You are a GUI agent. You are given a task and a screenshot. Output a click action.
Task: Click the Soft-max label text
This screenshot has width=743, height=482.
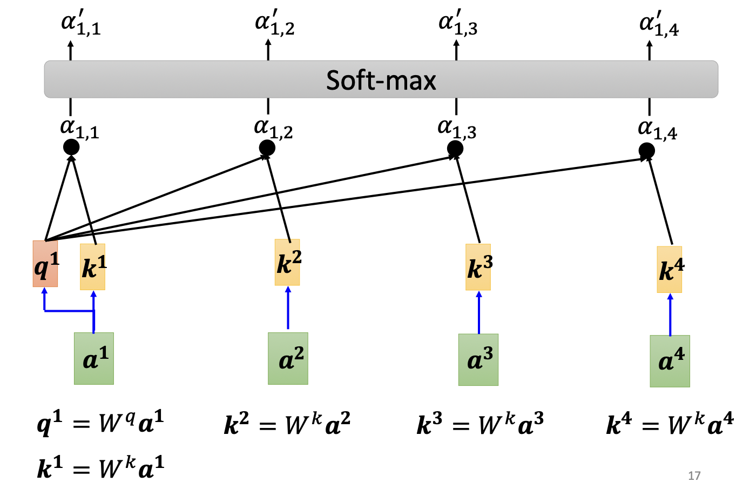(381, 80)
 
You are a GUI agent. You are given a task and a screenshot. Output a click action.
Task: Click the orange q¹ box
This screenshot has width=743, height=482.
(45, 264)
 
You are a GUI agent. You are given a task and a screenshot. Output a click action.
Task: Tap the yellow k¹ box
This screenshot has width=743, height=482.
(93, 266)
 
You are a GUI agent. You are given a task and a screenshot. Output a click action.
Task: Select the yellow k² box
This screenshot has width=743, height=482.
(287, 262)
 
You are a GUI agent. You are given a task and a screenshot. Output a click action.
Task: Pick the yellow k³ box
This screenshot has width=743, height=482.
(478, 267)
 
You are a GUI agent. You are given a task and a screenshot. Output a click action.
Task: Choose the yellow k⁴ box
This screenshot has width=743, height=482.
(670, 269)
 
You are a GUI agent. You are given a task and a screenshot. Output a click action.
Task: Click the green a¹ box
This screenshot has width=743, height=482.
(94, 358)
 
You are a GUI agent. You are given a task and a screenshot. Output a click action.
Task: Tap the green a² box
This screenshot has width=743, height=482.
(288, 358)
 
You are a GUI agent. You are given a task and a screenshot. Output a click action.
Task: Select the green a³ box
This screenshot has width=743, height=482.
(478, 359)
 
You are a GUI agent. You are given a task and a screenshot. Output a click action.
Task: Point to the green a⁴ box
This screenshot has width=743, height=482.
(670, 361)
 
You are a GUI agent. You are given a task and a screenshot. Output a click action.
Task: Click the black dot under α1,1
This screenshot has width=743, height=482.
(71, 146)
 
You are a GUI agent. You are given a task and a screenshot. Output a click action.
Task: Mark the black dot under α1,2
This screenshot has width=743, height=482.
(267, 147)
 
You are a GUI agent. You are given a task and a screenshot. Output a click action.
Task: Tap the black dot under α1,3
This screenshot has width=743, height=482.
(455, 148)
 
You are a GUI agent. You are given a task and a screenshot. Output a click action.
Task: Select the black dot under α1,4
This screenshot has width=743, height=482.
(646, 150)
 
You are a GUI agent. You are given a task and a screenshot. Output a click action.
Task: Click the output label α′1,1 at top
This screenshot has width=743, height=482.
(80, 24)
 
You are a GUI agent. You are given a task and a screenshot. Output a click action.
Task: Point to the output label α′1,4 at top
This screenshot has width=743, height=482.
(659, 24)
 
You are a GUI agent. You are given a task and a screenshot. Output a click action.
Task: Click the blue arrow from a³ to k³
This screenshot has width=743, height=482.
(478, 313)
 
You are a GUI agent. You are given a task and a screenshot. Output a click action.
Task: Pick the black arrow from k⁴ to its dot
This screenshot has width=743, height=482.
(660, 200)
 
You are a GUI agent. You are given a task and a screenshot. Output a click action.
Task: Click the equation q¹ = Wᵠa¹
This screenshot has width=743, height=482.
(100, 423)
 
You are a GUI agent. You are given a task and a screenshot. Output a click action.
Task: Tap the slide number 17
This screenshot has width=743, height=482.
(694, 475)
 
